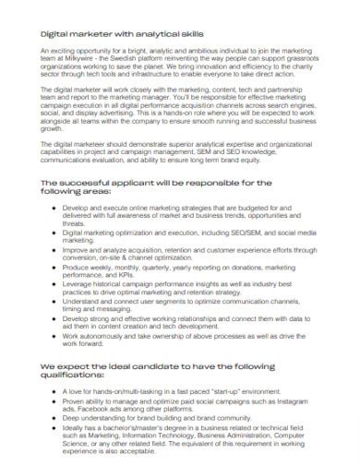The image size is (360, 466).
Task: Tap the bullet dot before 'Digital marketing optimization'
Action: [56, 233]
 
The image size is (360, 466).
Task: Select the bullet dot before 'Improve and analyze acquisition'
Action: [56, 249]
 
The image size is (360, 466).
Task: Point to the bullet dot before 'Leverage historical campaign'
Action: [56, 282]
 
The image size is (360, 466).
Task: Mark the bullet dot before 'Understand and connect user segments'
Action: [56, 299]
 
